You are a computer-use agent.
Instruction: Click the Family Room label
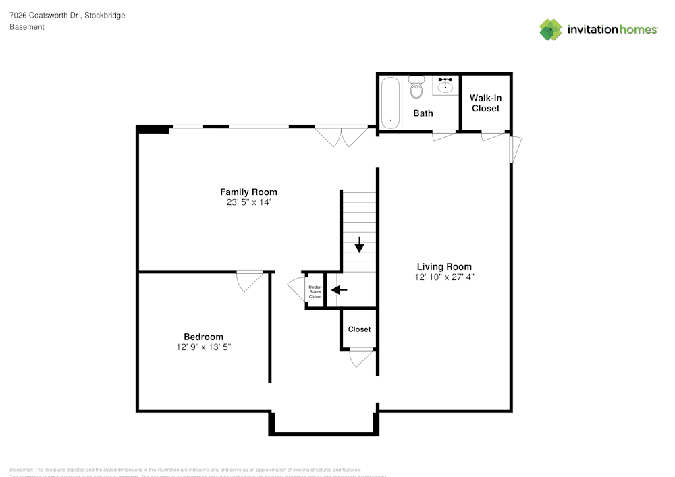click(x=248, y=192)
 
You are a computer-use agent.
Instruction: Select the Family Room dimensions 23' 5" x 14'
click(x=248, y=202)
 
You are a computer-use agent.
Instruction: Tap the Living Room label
click(x=443, y=266)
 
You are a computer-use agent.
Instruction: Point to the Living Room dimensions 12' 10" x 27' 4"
click(x=443, y=277)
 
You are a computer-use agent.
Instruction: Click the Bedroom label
click(x=203, y=337)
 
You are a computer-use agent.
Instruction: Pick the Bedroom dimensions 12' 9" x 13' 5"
click(x=203, y=347)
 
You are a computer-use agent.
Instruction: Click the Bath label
click(x=423, y=113)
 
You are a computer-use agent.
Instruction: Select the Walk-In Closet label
click(x=486, y=103)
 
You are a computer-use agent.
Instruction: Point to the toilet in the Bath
click(x=416, y=88)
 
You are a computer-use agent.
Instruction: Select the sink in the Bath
click(x=445, y=86)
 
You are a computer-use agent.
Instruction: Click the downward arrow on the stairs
click(x=360, y=244)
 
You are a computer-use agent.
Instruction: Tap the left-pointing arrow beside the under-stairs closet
click(x=340, y=290)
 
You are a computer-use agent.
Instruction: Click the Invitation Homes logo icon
click(x=551, y=30)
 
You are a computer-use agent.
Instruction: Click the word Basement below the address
click(x=27, y=27)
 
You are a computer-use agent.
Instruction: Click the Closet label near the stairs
click(x=359, y=329)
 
